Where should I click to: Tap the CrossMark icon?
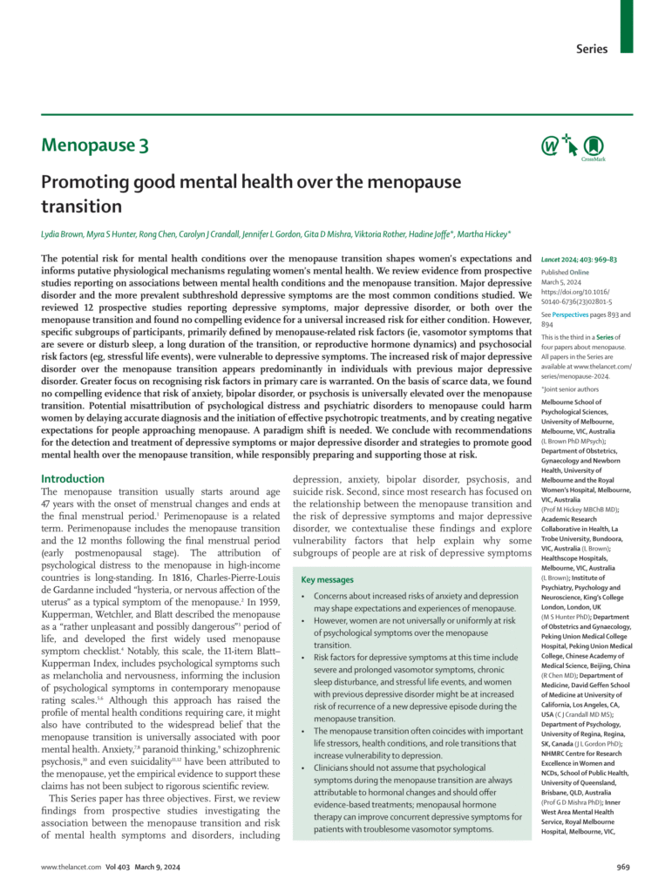[x=593, y=145]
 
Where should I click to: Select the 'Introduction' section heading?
[x=72, y=478]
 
